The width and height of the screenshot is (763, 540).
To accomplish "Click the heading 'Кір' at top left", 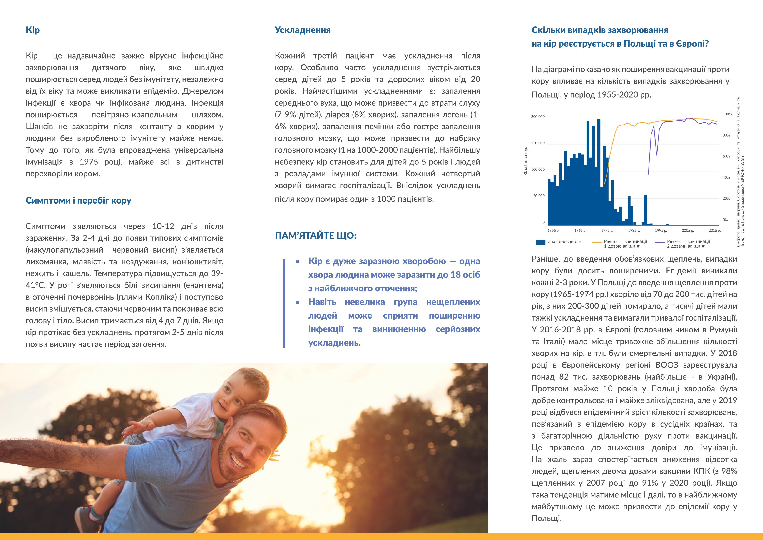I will coord(33,30).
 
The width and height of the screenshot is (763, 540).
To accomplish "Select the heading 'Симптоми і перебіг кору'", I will coord(79,200).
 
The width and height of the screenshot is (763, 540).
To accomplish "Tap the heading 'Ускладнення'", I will coord(302,30).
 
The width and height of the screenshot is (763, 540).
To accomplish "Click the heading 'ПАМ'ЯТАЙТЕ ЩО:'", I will coord(315,236).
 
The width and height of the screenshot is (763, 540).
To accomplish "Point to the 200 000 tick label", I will coord(538,117).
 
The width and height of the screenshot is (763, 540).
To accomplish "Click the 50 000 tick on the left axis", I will coord(539,196).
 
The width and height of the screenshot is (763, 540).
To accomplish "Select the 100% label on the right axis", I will coord(727,114).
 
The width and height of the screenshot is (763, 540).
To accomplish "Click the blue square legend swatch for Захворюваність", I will coord(541,242).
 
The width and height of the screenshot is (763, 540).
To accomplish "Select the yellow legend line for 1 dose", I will coord(597,242).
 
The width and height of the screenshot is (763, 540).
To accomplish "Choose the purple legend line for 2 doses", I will coord(660,242).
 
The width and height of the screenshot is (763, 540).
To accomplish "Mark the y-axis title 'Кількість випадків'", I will coord(526,160).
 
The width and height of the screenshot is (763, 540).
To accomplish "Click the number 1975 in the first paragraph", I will coord(89,162).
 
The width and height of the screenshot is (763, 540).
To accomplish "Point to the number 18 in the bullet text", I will coord(455,275).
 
